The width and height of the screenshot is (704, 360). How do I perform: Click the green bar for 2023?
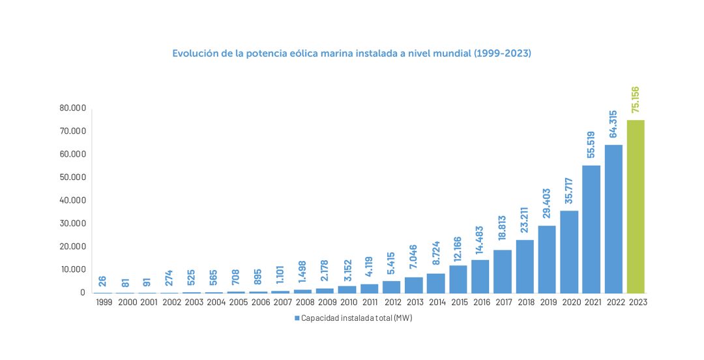click(635, 206)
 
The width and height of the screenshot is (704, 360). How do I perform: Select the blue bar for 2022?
click(613, 218)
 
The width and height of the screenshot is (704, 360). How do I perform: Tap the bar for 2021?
click(591, 229)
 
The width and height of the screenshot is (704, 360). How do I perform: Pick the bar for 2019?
click(546, 259)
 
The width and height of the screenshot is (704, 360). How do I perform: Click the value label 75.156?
click(636, 100)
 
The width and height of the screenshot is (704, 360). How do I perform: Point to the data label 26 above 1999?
click(103, 282)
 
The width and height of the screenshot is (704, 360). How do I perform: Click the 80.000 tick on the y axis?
click(72, 108)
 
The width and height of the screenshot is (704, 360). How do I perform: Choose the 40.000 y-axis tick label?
click(72, 200)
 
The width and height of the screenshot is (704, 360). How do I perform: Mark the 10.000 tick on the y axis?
click(72, 269)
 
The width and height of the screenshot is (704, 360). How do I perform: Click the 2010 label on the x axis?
click(347, 303)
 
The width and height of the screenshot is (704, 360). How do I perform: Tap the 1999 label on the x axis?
click(103, 303)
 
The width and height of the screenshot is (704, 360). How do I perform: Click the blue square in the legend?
click(296, 318)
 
